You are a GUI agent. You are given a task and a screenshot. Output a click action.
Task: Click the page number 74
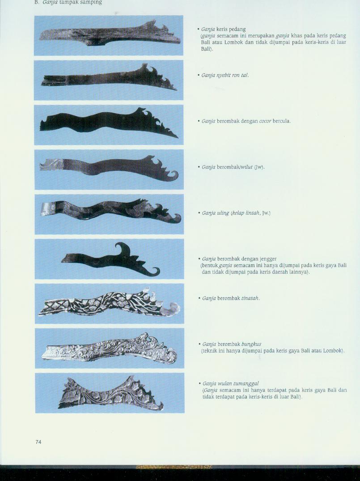pyautogui.click(x=38, y=442)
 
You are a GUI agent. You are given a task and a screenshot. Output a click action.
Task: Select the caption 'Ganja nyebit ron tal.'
pyautogui.click(x=225, y=75)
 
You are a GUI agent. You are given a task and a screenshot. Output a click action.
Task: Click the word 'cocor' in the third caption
pyautogui.click(x=265, y=121)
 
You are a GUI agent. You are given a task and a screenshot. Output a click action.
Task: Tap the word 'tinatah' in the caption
pyautogui.click(x=250, y=298)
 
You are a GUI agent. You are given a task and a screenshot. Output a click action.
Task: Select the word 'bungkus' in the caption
pyautogui.click(x=251, y=344)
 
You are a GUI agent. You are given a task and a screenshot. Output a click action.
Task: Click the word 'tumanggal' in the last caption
pyautogui.click(x=246, y=383)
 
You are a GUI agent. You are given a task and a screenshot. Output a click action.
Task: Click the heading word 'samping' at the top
pyautogui.click(x=90, y=2)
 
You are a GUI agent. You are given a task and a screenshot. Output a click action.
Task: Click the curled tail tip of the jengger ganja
pyautogui.click(x=155, y=272)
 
